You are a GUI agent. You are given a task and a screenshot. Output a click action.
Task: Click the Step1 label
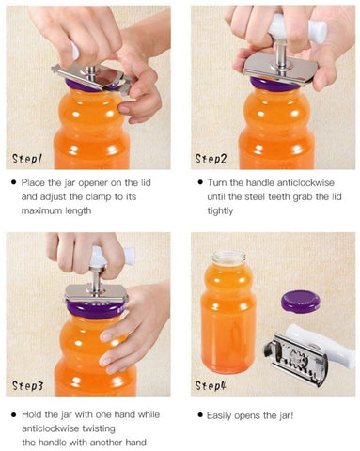click(27, 158)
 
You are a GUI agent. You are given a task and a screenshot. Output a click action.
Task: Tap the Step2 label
click(211, 159)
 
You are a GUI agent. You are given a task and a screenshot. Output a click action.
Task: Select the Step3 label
click(27, 385)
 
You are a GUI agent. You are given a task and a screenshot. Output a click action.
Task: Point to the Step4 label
click(211, 385)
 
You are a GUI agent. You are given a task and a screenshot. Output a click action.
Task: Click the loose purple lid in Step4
click(301, 302)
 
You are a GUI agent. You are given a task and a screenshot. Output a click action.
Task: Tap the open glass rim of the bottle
click(228, 257)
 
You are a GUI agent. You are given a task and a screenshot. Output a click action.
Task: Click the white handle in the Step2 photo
click(297, 27)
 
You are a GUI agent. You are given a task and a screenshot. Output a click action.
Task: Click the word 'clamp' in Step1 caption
click(99, 197)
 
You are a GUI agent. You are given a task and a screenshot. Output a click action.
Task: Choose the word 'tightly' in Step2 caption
click(220, 211)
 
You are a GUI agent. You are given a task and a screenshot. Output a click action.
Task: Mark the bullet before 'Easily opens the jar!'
click(200, 415)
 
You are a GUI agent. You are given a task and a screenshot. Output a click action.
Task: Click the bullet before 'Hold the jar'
click(14, 415)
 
